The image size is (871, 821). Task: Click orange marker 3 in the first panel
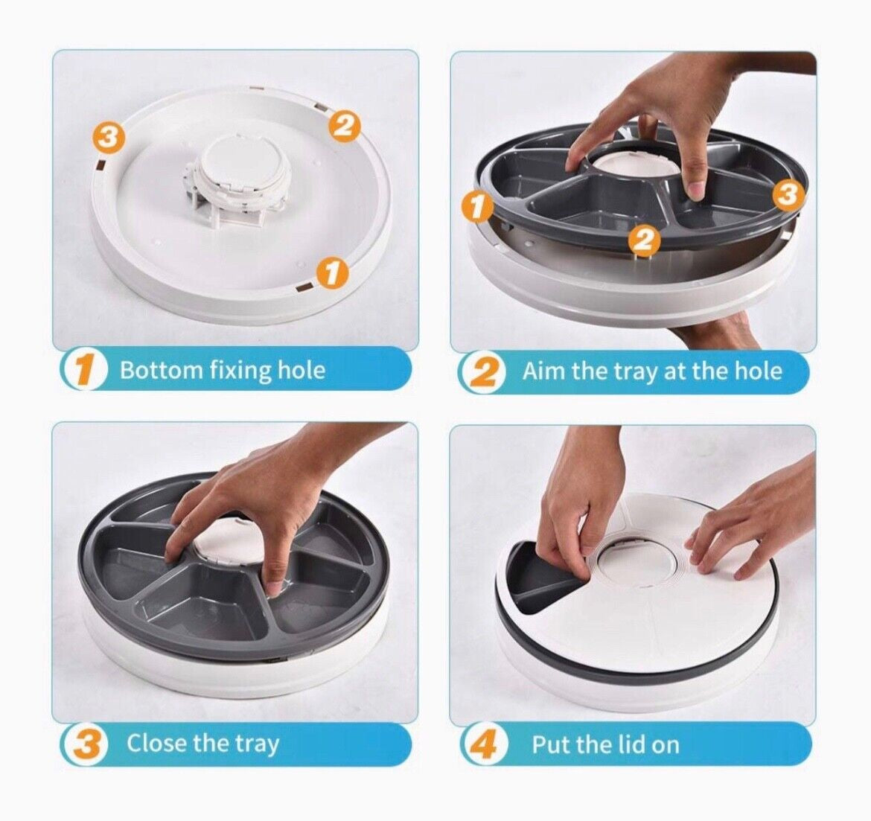point(109,136)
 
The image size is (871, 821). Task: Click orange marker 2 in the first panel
point(344,125)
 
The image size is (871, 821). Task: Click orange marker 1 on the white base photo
point(333,272)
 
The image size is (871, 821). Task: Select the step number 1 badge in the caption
point(87,370)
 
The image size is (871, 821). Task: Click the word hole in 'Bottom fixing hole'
point(301,370)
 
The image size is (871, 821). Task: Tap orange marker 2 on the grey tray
point(644,240)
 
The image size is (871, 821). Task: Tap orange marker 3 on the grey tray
point(788,195)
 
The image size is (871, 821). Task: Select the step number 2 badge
point(485,371)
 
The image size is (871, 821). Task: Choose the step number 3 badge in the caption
point(87,744)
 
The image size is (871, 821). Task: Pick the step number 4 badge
point(485,744)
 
